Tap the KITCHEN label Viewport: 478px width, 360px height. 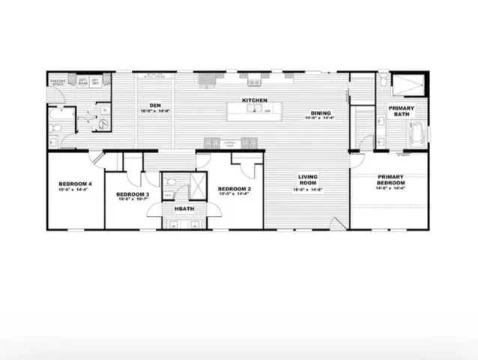coord(254,100)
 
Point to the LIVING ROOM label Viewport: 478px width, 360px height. coord(308,180)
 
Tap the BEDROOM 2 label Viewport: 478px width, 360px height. coord(234,188)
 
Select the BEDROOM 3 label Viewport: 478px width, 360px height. coord(133,194)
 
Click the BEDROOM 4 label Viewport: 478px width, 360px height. coord(75,184)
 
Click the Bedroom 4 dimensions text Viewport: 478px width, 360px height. coord(75,190)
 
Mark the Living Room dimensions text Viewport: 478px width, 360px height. coord(308,190)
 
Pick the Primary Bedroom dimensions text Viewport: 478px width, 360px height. coord(391,187)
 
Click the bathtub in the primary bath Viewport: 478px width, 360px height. coord(416,135)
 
